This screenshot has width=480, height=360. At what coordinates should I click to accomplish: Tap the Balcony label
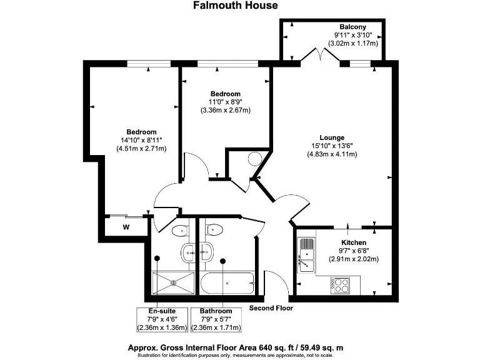(353, 26)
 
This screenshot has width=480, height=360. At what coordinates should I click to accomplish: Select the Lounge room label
(332, 137)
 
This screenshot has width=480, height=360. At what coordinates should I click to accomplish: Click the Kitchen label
(353, 242)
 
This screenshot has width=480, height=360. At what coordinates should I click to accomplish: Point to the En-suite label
(162, 311)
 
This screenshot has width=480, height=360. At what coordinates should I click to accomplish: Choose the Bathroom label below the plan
(216, 311)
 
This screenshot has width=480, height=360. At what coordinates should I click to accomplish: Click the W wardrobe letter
(126, 226)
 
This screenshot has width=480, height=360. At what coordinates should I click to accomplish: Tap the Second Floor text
(271, 307)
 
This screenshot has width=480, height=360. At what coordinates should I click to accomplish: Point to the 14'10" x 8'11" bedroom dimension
(141, 140)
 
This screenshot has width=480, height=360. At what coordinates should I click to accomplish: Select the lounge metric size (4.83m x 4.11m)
(332, 154)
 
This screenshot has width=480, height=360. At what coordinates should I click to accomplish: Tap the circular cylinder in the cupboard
(256, 159)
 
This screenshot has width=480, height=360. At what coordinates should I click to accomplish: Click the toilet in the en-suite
(180, 230)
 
